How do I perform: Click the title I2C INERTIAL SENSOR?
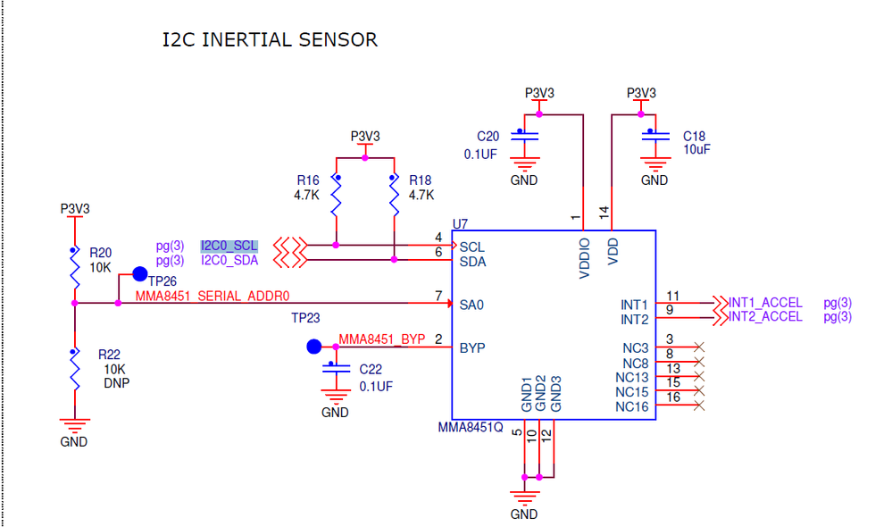(x=270, y=40)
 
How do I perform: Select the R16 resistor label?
(x=307, y=180)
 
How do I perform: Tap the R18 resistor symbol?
(x=394, y=198)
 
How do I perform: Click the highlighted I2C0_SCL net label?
(x=229, y=246)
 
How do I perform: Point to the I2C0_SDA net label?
(x=229, y=261)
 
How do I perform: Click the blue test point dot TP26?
(x=139, y=273)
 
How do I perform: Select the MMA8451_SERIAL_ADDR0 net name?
(x=213, y=295)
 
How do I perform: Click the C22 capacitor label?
(x=371, y=370)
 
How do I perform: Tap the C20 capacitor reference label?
(x=488, y=137)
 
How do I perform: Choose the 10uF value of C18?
(x=696, y=150)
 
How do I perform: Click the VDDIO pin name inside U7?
(x=585, y=257)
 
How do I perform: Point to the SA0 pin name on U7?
(x=471, y=305)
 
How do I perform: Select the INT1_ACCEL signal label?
(x=765, y=303)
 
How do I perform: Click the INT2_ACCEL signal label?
(x=765, y=317)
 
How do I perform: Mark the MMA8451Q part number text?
(x=471, y=428)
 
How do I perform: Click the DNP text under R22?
(x=114, y=381)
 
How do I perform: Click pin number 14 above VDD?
(x=604, y=213)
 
